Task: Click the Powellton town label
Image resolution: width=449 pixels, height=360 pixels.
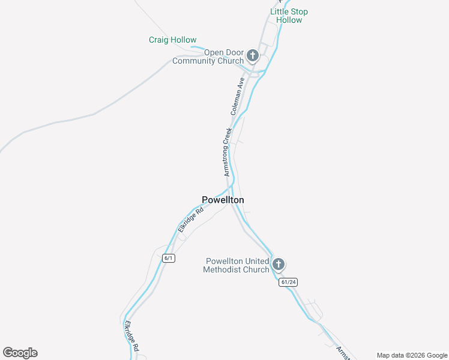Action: click(x=223, y=200)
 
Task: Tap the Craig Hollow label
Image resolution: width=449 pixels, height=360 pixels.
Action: click(x=172, y=40)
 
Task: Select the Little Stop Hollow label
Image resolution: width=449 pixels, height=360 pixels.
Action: click(x=289, y=16)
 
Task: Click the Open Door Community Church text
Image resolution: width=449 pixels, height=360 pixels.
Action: click(x=208, y=56)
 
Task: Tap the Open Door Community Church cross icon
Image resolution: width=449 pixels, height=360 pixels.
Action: click(x=253, y=56)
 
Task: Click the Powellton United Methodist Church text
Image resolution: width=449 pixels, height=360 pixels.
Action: click(x=237, y=265)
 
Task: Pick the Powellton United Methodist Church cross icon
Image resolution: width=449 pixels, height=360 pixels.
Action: click(x=278, y=264)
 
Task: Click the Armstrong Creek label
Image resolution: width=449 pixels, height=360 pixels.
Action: click(x=228, y=151)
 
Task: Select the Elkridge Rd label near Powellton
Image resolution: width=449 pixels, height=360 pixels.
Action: click(x=191, y=219)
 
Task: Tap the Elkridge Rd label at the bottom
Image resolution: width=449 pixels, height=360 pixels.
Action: click(x=131, y=335)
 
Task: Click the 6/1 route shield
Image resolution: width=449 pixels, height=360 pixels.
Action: click(x=168, y=258)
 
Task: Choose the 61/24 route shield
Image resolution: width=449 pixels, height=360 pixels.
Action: click(x=288, y=282)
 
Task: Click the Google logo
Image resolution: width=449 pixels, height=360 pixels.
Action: click(x=20, y=353)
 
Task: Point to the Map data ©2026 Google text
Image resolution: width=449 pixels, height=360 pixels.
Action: click(x=412, y=355)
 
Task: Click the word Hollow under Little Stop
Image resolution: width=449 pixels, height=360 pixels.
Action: click(x=289, y=20)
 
